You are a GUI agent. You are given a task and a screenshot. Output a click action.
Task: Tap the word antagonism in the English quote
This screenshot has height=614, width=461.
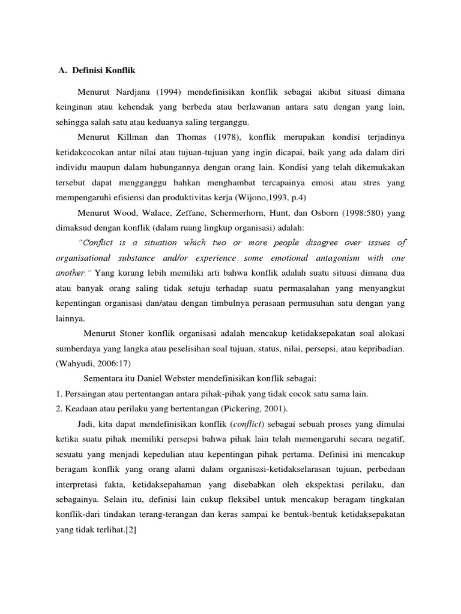click(324, 257)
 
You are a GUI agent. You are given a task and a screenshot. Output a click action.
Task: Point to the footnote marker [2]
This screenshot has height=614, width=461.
click(130, 530)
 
